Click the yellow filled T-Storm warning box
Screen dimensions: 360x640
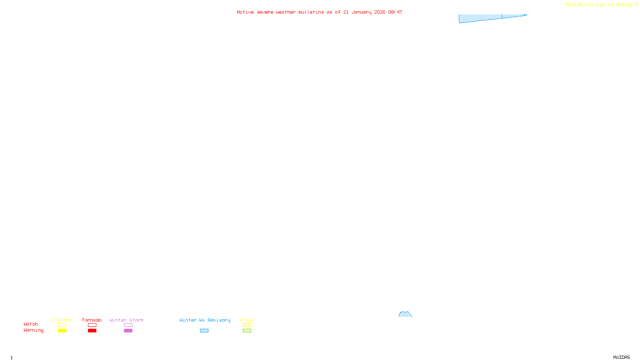tap(62, 331)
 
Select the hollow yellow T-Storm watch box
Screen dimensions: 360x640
tap(62, 325)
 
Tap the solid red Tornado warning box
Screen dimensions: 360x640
tap(92, 331)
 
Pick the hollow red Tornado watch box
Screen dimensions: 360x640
tap(92, 325)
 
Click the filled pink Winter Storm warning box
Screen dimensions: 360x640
tap(128, 331)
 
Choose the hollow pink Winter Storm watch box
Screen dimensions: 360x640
tap(128, 325)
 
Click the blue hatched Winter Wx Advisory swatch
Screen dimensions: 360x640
tap(204, 331)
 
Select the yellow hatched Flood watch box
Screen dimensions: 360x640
tap(247, 325)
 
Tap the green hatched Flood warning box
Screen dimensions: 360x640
tap(247, 331)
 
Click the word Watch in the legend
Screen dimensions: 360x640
tap(30, 324)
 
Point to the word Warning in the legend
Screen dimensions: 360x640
tap(33, 330)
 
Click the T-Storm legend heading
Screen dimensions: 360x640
tap(62, 320)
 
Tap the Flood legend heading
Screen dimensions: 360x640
tap(247, 320)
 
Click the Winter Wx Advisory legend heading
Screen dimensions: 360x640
tap(205, 320)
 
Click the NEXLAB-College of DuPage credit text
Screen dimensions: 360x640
tap(599, 5)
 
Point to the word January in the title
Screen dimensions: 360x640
tap(361, 12)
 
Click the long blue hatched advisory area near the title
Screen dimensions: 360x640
tap(480, 18)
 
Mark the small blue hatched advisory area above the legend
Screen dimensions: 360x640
tap(405, 314)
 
